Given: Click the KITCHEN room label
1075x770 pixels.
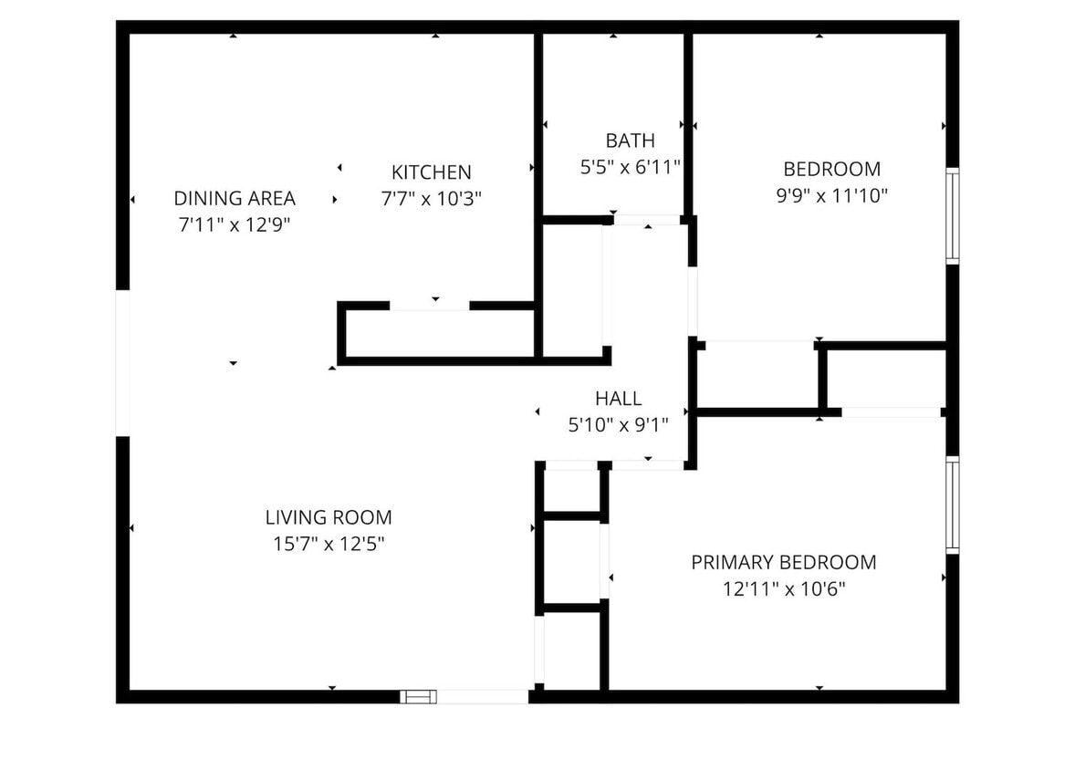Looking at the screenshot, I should point(431,172).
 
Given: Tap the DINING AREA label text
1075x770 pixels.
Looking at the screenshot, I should point(235,198).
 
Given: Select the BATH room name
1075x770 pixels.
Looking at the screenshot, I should point(630,140).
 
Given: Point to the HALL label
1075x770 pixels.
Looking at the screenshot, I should point(618,398).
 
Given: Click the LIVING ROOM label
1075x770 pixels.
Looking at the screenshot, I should point(329,517).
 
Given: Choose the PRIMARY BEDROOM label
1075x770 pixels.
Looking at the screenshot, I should point(783,562).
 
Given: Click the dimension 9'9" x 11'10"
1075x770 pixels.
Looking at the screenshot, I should point(831,194).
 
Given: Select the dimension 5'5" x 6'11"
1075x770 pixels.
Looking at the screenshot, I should point(630,167).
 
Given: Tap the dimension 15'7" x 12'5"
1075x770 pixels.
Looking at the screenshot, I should point(329,544).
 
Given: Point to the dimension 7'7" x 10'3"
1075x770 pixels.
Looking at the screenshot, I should point(431,197).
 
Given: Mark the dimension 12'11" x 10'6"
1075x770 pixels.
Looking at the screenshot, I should point(783,588).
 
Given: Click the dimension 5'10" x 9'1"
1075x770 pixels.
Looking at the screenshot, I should point(618,423).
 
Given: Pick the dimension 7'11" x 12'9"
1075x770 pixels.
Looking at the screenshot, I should point(235,224).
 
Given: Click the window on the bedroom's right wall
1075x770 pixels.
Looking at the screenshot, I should point(952,216).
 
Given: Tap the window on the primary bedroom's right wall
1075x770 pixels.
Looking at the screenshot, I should point(952,505).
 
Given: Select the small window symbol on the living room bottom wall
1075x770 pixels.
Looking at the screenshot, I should point(419,697).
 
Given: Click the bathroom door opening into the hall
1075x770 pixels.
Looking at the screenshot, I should point(647,220).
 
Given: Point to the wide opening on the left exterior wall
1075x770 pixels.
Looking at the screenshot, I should point(122,363).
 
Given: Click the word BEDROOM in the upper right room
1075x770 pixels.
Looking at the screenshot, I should point(831,169).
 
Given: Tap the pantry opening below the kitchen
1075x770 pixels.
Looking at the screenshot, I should point(430,306).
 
